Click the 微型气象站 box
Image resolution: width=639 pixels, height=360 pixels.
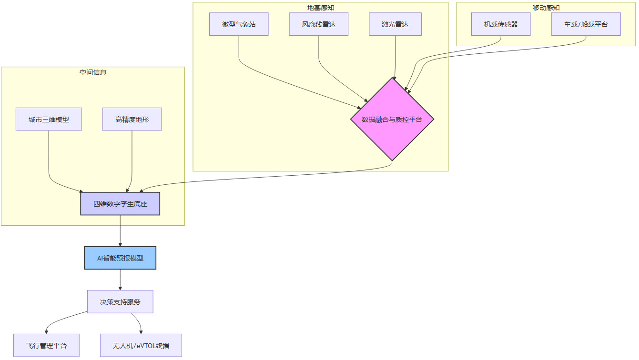[239, 24]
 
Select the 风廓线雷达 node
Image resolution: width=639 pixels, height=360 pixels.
[319, 24]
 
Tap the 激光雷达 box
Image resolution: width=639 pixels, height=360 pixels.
[395, 24]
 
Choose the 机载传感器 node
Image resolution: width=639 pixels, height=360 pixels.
[501, 24]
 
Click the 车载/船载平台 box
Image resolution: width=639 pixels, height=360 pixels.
[586, 24]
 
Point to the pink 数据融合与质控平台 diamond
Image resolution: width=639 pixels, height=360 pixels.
[392, 120]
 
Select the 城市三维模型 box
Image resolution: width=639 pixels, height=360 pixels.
[49, 120]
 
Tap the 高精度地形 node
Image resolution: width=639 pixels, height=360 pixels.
[132, 120]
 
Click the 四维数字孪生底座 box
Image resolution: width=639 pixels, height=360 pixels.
[120, 204]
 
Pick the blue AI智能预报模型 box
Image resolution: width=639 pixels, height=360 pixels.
[120, 258]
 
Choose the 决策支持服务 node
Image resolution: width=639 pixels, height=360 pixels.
[120, 302]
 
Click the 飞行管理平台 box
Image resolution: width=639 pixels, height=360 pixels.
[46, 346]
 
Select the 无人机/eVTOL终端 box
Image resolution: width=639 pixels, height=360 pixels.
[141, 346]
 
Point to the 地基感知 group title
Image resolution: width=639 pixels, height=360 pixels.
[321, 7]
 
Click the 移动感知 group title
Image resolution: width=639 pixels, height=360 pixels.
[546, 7]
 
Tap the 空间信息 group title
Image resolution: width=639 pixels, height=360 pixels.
[93, 72]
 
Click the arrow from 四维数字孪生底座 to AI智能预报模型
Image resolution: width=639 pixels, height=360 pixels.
[120, 231]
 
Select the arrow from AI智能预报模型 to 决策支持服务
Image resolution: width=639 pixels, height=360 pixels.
[120, 280]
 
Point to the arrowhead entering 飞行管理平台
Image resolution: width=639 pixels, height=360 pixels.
[47, 331]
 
